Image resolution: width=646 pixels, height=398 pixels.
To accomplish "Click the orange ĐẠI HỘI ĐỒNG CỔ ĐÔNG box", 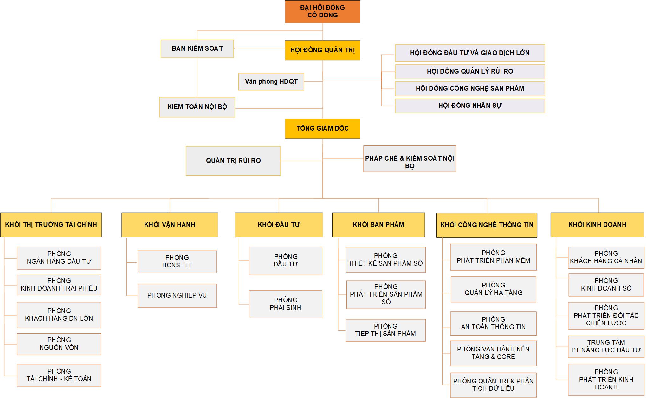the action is pos(322,12).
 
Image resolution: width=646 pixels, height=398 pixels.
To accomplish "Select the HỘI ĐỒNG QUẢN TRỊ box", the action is pos(322,50).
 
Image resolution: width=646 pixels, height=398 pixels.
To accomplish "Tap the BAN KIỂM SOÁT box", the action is pos(197,48).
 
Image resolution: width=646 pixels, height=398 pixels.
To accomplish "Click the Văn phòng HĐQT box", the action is pos(271,81).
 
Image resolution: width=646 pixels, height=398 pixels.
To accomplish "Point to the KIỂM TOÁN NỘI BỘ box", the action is pos(197,107).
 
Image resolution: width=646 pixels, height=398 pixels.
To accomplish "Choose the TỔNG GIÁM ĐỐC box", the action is pos(322,128).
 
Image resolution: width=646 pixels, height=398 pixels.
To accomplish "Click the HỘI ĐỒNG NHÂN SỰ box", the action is pos(470,106).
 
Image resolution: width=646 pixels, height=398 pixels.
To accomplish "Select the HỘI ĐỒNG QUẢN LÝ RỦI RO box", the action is pos(470,72).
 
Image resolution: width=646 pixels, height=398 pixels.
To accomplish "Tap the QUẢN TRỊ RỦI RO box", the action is pos(233,161).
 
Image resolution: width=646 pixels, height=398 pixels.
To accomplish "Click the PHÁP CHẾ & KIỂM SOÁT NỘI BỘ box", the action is pos(410,159).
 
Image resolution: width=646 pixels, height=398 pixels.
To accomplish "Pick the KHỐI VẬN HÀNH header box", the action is pos(170,225).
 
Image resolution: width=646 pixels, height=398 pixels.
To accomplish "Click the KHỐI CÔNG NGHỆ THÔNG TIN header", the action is pos(487,225).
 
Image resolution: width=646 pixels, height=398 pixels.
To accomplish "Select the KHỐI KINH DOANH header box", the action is pos(597,225).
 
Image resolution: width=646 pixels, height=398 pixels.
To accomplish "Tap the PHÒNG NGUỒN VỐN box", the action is pos(59,344).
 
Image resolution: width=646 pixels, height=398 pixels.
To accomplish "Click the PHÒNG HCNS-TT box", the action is pos(177,261).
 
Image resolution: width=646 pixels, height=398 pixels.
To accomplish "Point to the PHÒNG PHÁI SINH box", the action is pos(286,304).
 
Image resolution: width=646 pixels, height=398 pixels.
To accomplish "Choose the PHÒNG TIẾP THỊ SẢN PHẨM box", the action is pos(385,330).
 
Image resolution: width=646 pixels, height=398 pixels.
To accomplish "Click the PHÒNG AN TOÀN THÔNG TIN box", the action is pos(493,323).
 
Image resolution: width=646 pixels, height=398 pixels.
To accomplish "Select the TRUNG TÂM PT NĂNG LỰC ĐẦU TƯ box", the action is pos(606,346).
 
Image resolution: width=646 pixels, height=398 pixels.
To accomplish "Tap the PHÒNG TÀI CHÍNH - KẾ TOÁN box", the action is pos(59,375).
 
